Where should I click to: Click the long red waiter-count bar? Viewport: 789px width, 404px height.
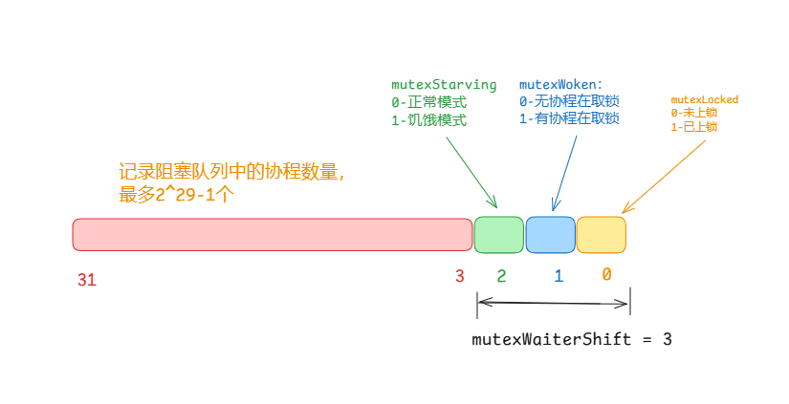(x=273, y=235)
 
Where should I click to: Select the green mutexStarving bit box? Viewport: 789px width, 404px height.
(x=498, y=235)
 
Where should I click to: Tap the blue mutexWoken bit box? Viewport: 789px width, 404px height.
(x=550, y=235)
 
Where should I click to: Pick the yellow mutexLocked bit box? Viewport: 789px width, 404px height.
(x=602, y=235)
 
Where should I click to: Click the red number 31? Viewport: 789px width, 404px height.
(x=87, y=280)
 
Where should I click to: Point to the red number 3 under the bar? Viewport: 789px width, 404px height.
(x=459, y=276)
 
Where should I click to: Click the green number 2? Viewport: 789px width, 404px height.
(x=501, y=276)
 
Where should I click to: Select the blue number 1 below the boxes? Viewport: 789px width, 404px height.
(x=559, y=276)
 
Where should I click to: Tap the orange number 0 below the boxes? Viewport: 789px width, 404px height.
(x=606, y=274)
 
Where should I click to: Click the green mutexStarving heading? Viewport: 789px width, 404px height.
(x=444, y=85)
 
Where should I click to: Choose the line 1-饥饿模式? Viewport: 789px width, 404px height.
(x=429, y=120)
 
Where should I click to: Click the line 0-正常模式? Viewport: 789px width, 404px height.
(x=429, y=102)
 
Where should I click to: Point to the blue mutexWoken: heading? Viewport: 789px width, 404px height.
(x=564, y=85)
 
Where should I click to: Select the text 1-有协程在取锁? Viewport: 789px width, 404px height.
(x=569, y=119)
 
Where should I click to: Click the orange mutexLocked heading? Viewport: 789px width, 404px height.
(x=704, y=99)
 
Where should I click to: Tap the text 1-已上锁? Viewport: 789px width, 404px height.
(x=694, y=126)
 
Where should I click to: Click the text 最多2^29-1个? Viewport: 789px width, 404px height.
(x=177, y=195)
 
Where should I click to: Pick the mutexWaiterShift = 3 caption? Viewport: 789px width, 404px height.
(x=572, y=339)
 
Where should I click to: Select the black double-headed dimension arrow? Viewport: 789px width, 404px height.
(x=554, y=303)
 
